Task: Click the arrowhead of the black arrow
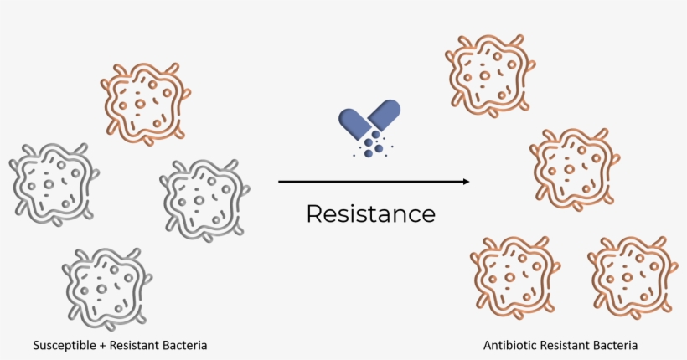(466, 182)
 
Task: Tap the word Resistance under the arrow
(370, 213)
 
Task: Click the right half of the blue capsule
(385, 114)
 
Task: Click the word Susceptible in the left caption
(65, 346)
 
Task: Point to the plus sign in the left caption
(102, 346)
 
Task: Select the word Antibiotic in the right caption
(510, 345)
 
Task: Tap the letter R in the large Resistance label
(314, 213)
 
